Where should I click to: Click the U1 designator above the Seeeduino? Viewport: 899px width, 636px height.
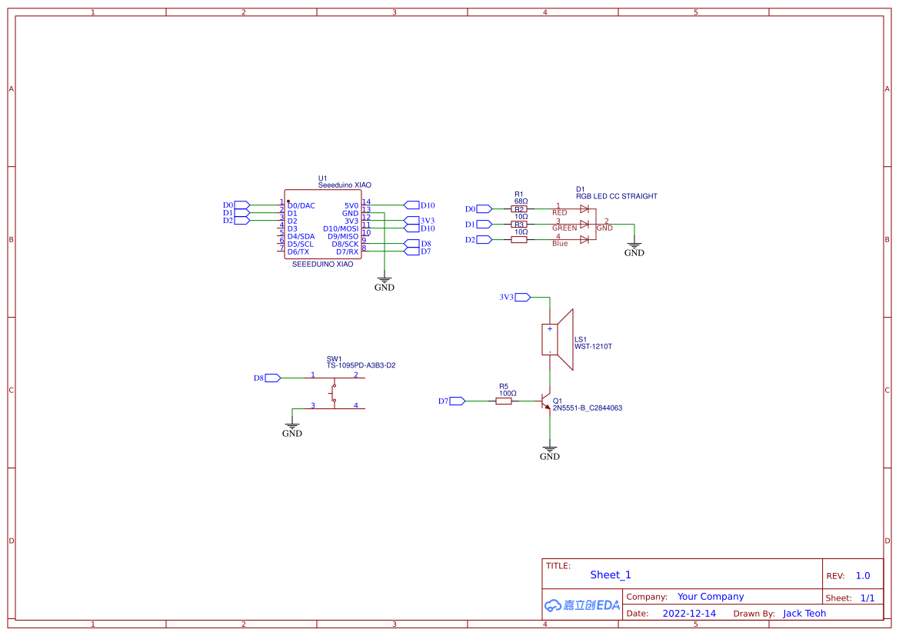(323, 178)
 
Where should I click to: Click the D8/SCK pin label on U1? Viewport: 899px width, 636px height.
(345, 244)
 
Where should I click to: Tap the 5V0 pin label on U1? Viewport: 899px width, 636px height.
(351, 205)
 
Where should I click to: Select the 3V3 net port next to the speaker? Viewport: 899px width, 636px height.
(521, 297)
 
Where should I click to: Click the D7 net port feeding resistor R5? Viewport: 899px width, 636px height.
(457, 401)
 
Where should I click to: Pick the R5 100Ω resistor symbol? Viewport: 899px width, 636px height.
(504, 401)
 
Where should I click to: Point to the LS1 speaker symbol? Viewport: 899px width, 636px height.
(560, 339)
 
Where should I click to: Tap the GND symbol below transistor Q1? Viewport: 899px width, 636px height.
(550, 451)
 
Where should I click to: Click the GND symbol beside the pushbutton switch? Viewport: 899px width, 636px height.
(292, 428)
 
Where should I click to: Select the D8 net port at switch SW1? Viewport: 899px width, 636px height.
(272, 378)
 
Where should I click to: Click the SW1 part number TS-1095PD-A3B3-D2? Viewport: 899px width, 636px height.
(361, 365)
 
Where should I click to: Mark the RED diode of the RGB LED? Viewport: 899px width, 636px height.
(584, 208)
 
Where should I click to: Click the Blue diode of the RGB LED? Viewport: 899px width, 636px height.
(584, 239)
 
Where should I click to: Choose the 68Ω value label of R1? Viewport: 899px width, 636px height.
(521, 201)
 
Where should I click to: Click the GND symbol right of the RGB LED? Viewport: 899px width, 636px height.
(634, 247)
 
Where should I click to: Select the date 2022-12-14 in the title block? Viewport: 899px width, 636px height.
(688, 614)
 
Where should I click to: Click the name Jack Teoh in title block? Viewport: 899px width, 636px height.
(804, 614)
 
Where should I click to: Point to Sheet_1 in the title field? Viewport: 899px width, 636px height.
(611, 574)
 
